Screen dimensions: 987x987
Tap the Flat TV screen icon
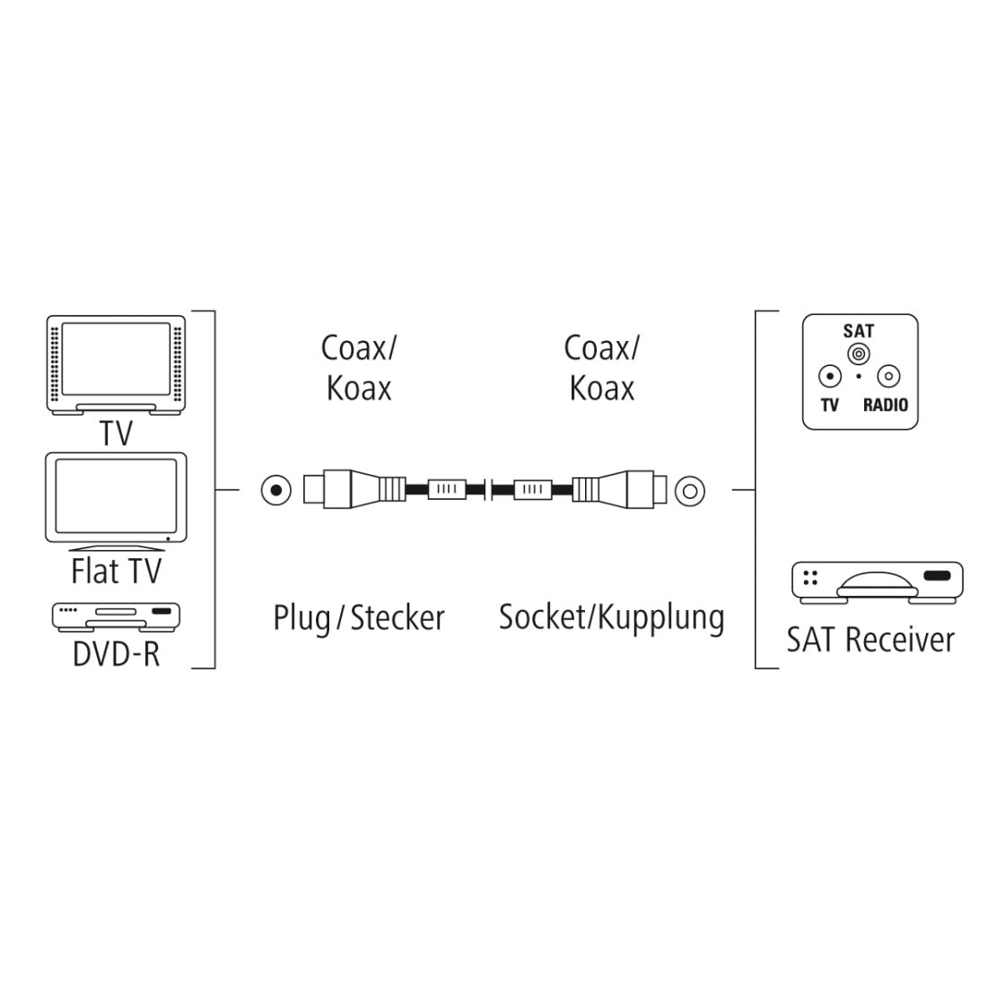click(117, 501)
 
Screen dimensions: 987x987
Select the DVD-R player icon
click(117, 616)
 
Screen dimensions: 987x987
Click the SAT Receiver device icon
click(877, 581)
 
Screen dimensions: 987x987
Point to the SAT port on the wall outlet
click(859, 355)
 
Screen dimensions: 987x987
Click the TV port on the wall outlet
click(830, 377)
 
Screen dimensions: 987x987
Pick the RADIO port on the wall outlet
click(887, 377)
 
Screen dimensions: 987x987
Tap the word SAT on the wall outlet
click(859, 331)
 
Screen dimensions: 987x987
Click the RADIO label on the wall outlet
click(885, 406)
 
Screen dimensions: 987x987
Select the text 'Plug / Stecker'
click(359, 618)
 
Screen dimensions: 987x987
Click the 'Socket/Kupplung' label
click(611, 617)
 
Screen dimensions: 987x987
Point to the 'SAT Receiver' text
click(870, 640)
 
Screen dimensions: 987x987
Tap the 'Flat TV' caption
click(117, 571)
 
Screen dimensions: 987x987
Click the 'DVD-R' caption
click(117, 653)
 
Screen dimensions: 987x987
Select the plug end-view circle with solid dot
click(276, 490)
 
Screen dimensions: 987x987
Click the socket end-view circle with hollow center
click(689, 490)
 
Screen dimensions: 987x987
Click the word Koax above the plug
click(359, 388)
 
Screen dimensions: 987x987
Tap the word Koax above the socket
click(602, 388)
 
